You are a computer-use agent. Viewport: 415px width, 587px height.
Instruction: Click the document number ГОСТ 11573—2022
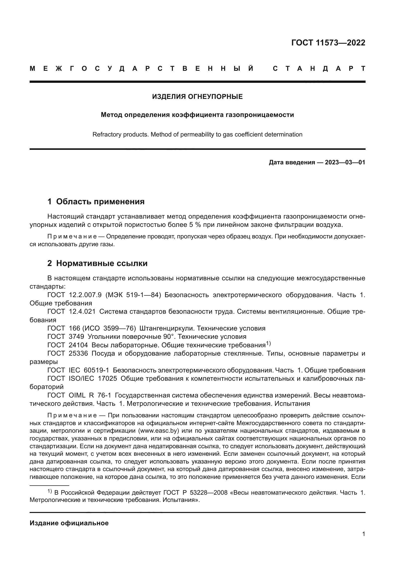328,43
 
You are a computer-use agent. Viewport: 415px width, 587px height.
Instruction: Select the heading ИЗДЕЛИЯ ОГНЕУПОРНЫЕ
197,97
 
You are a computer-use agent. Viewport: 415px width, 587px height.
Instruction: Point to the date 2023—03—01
345,162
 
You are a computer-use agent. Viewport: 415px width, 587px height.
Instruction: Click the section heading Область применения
100,202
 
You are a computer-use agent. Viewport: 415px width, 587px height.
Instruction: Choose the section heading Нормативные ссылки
102,263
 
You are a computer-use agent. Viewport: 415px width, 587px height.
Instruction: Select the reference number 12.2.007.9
85,295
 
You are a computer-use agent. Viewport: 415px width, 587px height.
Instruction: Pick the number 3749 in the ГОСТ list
77,337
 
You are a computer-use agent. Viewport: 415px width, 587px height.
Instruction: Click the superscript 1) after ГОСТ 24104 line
268,344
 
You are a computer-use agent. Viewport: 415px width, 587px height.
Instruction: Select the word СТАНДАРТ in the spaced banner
319,69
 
